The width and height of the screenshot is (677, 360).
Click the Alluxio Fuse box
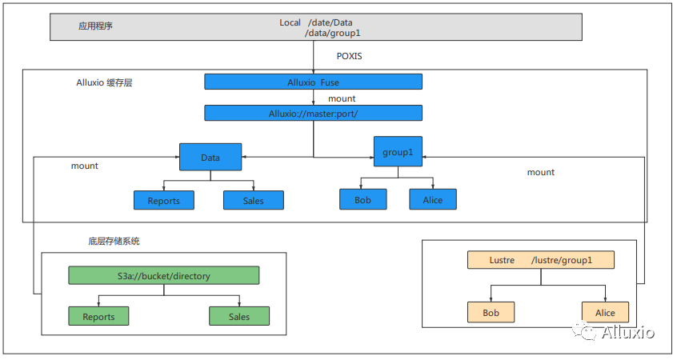(313, 82)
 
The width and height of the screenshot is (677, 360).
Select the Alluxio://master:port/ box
(313, 113)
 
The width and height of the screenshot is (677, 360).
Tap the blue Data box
(210, 157)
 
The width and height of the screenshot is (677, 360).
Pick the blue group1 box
(398, 151)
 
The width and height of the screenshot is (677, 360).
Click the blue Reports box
(163, 200)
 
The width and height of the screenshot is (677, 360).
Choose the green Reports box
(98, 316)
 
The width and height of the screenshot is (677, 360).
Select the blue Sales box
(254, 200)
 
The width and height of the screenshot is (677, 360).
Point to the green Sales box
(239, 316)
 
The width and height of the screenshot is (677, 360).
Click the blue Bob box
(363, 199)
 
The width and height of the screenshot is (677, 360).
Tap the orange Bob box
(491, 312)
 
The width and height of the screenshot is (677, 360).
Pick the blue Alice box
(433, 199)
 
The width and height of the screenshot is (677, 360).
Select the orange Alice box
(605, 312)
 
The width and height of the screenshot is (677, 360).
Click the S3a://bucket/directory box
(163, 275)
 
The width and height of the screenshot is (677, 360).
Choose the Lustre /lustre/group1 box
(541, 260)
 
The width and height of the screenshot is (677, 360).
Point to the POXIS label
(349, 56)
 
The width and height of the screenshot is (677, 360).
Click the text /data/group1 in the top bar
(332, 34)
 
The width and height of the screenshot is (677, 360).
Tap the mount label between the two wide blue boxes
(342, 98)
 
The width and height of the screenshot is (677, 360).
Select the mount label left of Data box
(85, 166)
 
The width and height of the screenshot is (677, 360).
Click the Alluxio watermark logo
(613, 331)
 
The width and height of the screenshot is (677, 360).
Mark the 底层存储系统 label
(114, 241)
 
